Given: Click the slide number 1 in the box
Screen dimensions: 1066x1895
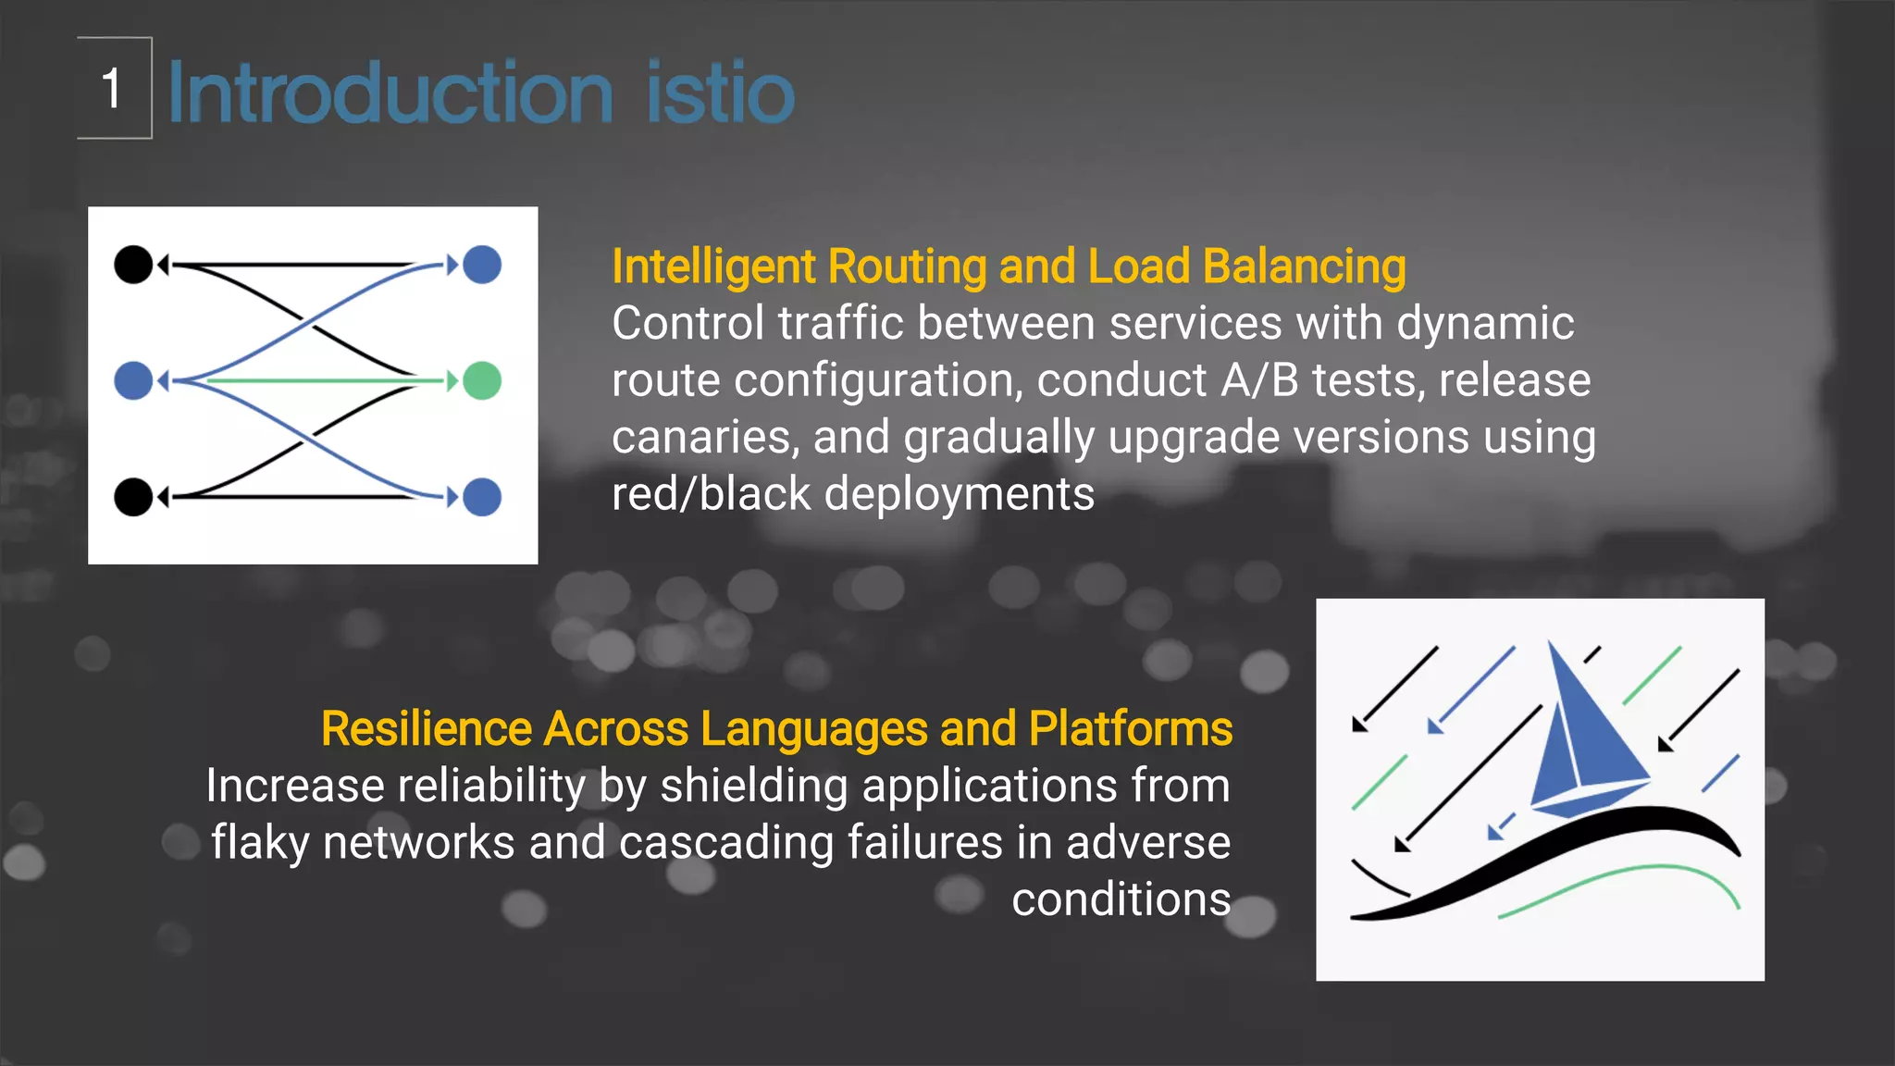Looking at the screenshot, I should [x=112, y=89].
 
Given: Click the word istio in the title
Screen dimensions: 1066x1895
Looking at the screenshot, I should [x=720, y=93].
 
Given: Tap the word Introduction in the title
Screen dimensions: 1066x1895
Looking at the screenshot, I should [x=390, y=93].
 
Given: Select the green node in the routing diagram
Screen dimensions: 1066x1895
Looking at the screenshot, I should [x=482, y=380].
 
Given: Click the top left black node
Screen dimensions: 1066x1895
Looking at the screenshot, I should [x=133, y=265].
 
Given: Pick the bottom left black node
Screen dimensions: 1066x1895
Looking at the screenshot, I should [x=133, y=497].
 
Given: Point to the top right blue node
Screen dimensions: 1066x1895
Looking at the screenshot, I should [x=482, y=265].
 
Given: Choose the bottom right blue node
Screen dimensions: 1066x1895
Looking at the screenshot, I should [x=482, y=497].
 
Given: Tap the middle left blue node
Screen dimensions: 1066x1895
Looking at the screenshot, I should [x=133, y=380].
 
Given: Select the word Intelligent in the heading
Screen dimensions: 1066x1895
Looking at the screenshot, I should [x=713, y=267].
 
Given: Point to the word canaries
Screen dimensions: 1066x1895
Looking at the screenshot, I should [x=701, y=437].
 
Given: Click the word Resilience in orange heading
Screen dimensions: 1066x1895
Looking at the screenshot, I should [x=426, y=729].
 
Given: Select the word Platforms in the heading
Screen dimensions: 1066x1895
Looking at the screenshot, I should [x=1130, y=729].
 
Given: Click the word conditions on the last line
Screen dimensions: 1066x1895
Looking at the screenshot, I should [x=1121, y=899].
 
